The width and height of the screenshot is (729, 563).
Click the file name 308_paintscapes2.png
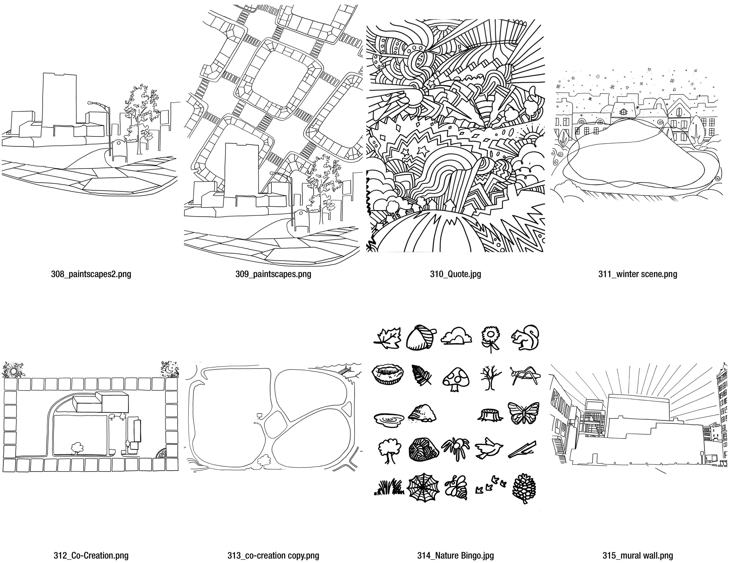pos(91,275)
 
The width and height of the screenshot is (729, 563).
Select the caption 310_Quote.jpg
pos(455,275)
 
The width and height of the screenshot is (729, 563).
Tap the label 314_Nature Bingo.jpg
pos(455,556)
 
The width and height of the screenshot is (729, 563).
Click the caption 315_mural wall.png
pos(637,556)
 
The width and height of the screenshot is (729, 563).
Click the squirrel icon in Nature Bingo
pos(525,338)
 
